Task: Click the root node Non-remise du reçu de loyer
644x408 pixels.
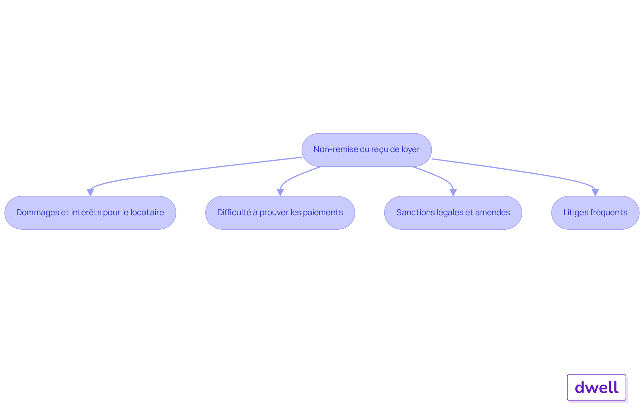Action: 367,150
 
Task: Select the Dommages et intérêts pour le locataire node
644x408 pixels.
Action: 90,213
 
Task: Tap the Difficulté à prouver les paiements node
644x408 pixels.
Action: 280,213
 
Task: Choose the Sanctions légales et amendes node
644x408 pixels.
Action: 453,213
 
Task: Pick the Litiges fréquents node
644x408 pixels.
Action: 595,213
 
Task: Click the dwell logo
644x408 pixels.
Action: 597,388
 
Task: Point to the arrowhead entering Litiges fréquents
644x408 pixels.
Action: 595,192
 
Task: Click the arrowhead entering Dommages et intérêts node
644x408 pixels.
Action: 90,192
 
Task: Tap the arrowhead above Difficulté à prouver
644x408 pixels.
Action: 280,192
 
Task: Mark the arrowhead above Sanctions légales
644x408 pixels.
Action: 453,192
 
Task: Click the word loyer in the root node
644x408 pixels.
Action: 411,149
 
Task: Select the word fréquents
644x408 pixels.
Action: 608,213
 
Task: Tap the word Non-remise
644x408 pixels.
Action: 335,149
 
